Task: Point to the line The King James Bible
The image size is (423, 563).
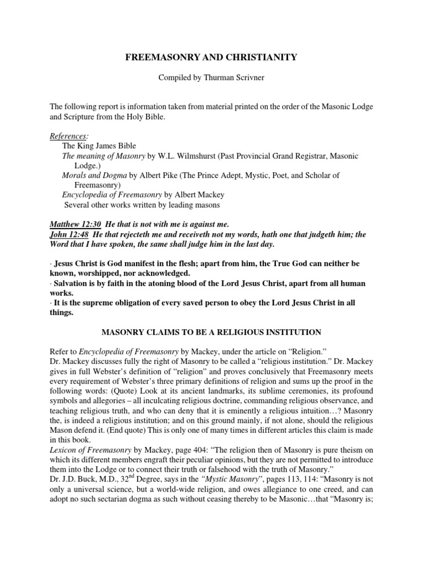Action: pos(99,146)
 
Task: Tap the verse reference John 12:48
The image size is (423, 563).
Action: pos(69,234)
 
